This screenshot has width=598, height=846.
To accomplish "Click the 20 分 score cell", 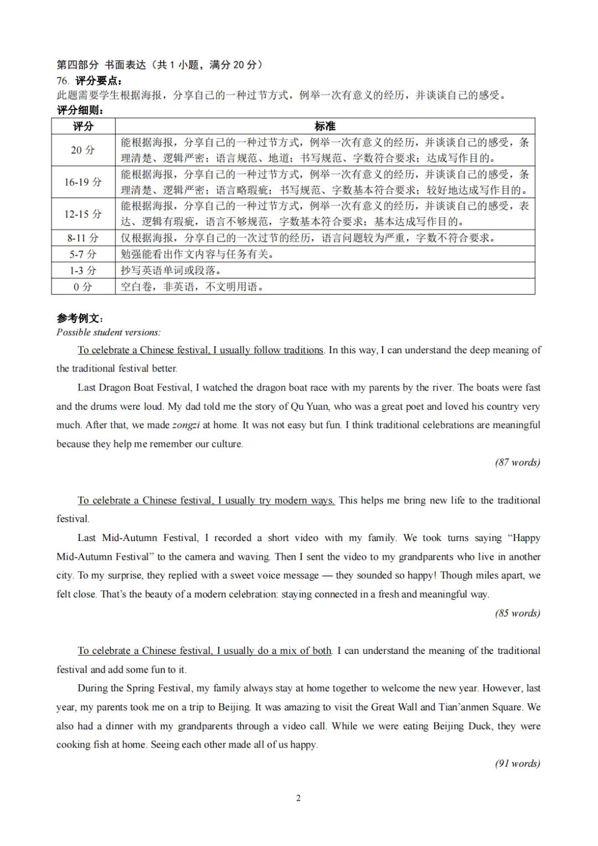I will (x=83, y=150).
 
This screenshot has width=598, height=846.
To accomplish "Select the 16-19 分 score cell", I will (x=83, y=182).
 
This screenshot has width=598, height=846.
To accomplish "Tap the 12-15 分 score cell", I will (x=83, y=214).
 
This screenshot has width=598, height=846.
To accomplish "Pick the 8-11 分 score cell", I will (x=83, y=238).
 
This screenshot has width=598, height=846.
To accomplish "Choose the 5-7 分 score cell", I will (x=83, y=254).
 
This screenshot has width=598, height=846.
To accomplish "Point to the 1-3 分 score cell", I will (x=83, y=270).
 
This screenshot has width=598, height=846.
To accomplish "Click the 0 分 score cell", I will (x=83, y=286).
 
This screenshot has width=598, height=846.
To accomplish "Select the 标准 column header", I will (x=325, y=126).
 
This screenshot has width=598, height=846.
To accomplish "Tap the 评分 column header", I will (x=83, y=126).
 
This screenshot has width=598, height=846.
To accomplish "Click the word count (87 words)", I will (x=517, y=462).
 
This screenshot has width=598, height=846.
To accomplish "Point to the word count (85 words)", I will (x=517, y=613).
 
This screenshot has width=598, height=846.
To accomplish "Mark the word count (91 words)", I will (x=517, y=764).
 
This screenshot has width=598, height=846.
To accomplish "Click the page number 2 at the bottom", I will (x=298, y=798).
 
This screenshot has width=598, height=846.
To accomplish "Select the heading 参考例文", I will (x=80, y=318).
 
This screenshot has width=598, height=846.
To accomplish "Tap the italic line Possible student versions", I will (x=109, y=332).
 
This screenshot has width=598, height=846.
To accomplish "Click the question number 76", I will (x=63, y=81).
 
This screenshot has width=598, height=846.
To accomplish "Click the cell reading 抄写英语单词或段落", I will (x=171, y=270).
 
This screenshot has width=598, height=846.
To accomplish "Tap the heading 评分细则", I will (x=80, y=110).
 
